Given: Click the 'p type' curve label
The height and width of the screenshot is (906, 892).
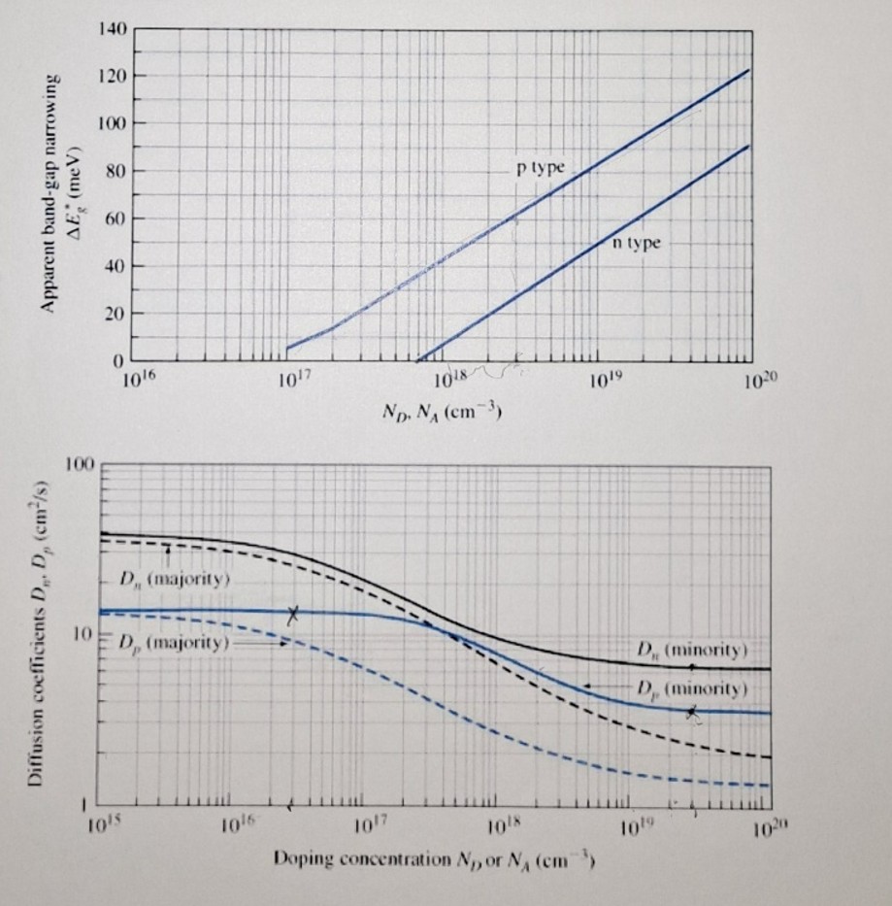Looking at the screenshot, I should click(x=540, y=168).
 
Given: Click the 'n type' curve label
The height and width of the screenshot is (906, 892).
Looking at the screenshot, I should click(x=636, y=242).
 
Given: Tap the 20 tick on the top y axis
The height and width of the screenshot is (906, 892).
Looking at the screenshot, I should click(x=114, y=314).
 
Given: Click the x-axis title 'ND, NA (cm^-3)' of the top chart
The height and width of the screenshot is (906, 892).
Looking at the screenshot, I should click(x=442, y=411).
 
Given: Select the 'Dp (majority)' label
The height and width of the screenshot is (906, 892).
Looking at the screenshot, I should click(x=173, y=644).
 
